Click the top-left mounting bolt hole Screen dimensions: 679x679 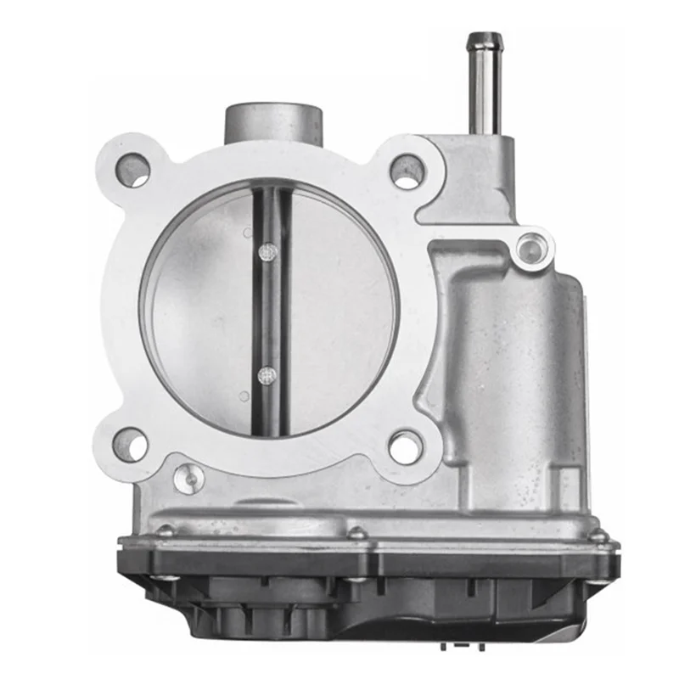[133, 171]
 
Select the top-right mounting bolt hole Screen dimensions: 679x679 [407, 171]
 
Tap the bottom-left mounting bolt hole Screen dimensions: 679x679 [130, 445]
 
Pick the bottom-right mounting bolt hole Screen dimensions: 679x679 [406, 446]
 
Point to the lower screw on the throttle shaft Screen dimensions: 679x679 [267, 373]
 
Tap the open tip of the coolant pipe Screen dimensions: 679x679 [484, 38]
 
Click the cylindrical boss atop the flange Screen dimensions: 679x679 [273, 123]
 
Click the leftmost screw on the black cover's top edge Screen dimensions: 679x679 [165, 531]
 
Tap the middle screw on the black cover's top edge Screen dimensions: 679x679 [357, 534]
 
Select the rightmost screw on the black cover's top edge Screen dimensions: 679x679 [599, 536]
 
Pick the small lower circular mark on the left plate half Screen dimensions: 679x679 [244, 396]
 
